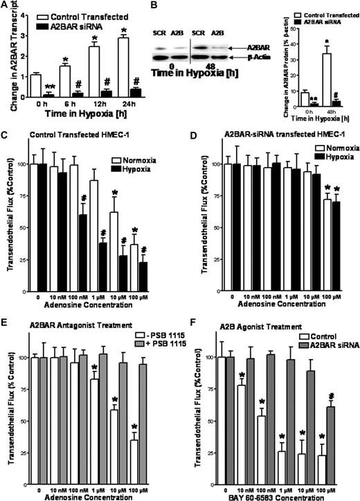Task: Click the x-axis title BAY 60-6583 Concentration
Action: pos(276,495)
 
